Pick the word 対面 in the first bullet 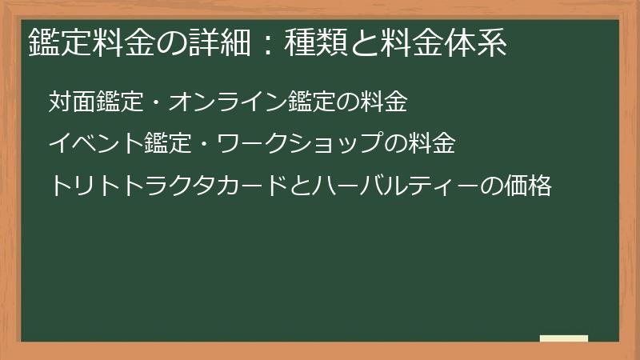click(72, 102)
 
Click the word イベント click(96, 145)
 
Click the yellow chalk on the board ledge click(564, 338)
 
